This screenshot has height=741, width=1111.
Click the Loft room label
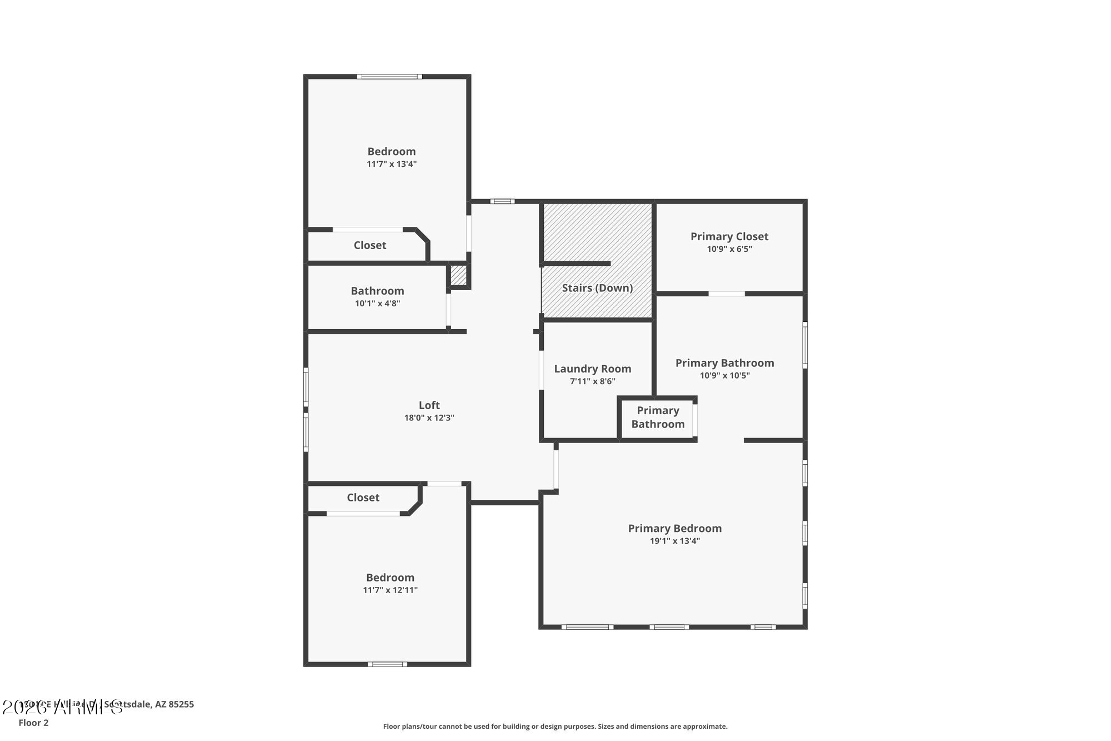[429, 405]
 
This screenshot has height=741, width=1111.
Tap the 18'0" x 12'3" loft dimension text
[429, 418]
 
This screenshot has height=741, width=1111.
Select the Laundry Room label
[592, 369]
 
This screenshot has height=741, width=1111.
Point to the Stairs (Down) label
[597, 288]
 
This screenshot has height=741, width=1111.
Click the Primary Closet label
[729, 236]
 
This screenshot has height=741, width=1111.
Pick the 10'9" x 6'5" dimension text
[729, 249]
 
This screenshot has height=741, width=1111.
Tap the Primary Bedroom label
[674, 528]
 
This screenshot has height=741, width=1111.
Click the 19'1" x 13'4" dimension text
[674, 541]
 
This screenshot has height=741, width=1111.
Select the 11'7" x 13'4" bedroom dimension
[391, 164]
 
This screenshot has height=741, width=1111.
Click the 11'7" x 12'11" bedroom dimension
[390, 590]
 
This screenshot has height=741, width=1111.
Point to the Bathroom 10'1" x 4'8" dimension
[377, 304]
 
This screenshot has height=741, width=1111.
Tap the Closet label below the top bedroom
[370, 245]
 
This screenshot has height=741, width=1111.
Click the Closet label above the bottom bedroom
[363, 498]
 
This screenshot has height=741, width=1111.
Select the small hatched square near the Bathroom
[458, 275]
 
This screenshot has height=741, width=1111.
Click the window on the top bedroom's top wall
[389, 77]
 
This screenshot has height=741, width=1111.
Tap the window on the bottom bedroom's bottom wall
[387, 664]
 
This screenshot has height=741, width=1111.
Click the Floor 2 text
[33, 723]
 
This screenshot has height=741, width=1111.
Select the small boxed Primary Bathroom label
[658, 417]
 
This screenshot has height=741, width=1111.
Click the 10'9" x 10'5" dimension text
[724, 376]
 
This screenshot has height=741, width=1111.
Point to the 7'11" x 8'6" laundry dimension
[592, 381]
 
